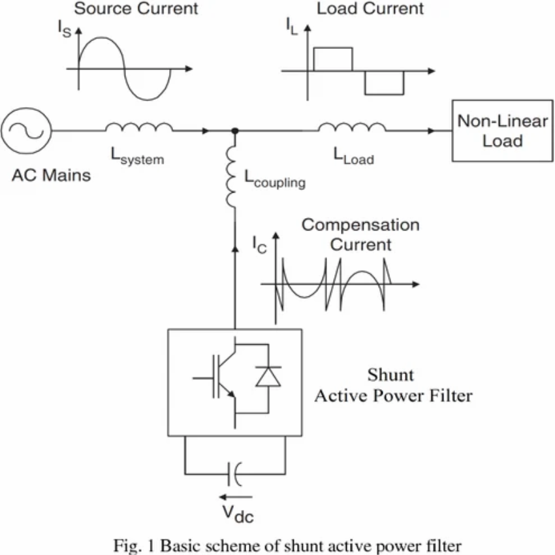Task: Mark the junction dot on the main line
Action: click(x=235, y=131)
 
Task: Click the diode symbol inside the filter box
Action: click(x=268, y=377)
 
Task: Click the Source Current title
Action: click(x=136, y=9)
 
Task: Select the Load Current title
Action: click(x=370, y=9)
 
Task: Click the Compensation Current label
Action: click(x=360, y=234)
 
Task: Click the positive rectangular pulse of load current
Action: click(x=333, y=59)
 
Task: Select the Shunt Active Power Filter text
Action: click(x=392, y=385)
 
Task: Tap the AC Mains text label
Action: click(x=51, y=176)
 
